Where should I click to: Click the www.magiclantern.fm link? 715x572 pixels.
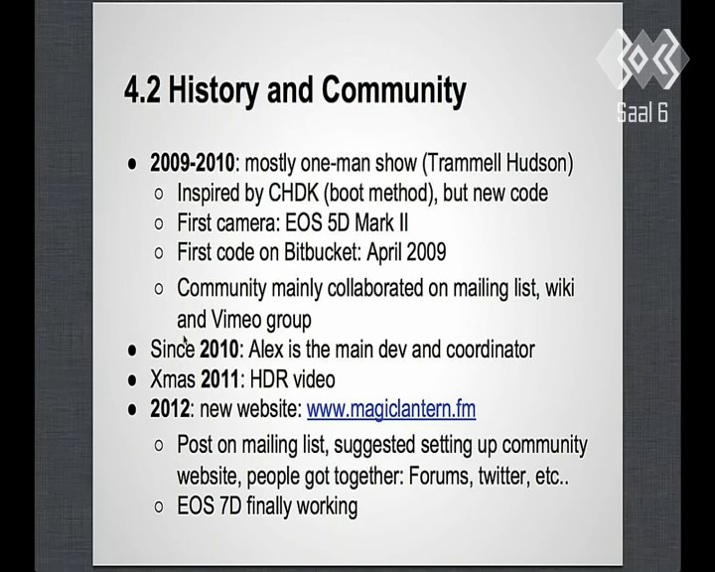(391, 409)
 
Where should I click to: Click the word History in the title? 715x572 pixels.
(214, 89)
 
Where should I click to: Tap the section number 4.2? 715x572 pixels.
(142, 89)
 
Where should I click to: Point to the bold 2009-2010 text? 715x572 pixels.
(193, 163)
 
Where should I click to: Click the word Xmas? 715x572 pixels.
(173, 379)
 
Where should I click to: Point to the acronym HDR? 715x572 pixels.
(268, 379)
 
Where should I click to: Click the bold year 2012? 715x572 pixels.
(170, 409)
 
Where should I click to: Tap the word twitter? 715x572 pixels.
(503, 477)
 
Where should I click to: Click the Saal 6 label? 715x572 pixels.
(643, 112)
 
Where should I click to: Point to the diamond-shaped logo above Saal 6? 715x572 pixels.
(643, 59)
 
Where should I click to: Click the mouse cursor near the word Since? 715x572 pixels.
(185, 341)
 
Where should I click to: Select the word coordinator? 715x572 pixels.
(491, 350)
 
